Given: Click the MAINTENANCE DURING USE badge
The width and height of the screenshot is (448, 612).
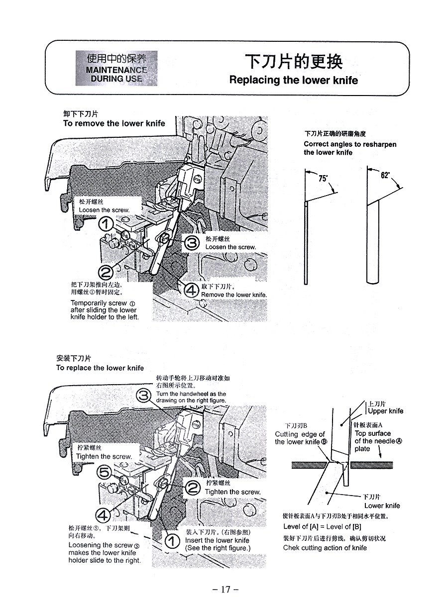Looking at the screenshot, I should (116, 68).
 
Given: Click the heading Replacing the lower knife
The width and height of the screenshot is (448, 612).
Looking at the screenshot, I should (293, 80).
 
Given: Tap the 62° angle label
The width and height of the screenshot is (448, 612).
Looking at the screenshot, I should (385, 176).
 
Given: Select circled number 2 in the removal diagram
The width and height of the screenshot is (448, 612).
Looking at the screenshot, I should (107, 272).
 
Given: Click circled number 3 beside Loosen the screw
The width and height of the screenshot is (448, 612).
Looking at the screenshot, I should (192, 244).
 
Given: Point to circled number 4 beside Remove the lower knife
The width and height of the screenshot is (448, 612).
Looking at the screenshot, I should (191, 291).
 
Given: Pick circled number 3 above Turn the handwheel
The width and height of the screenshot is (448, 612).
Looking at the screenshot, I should (144, 396).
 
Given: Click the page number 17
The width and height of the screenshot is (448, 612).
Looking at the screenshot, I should (225, 590).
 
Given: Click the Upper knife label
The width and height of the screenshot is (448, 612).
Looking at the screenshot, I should (385, 411).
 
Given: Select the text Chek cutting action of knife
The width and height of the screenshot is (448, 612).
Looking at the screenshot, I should (325, 548).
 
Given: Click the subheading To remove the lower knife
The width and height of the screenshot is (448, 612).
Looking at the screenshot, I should (113, 123).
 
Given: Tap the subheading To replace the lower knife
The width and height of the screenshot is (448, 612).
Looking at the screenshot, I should (100, 368).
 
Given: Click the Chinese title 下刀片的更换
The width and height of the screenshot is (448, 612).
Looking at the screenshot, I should (293, 62).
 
